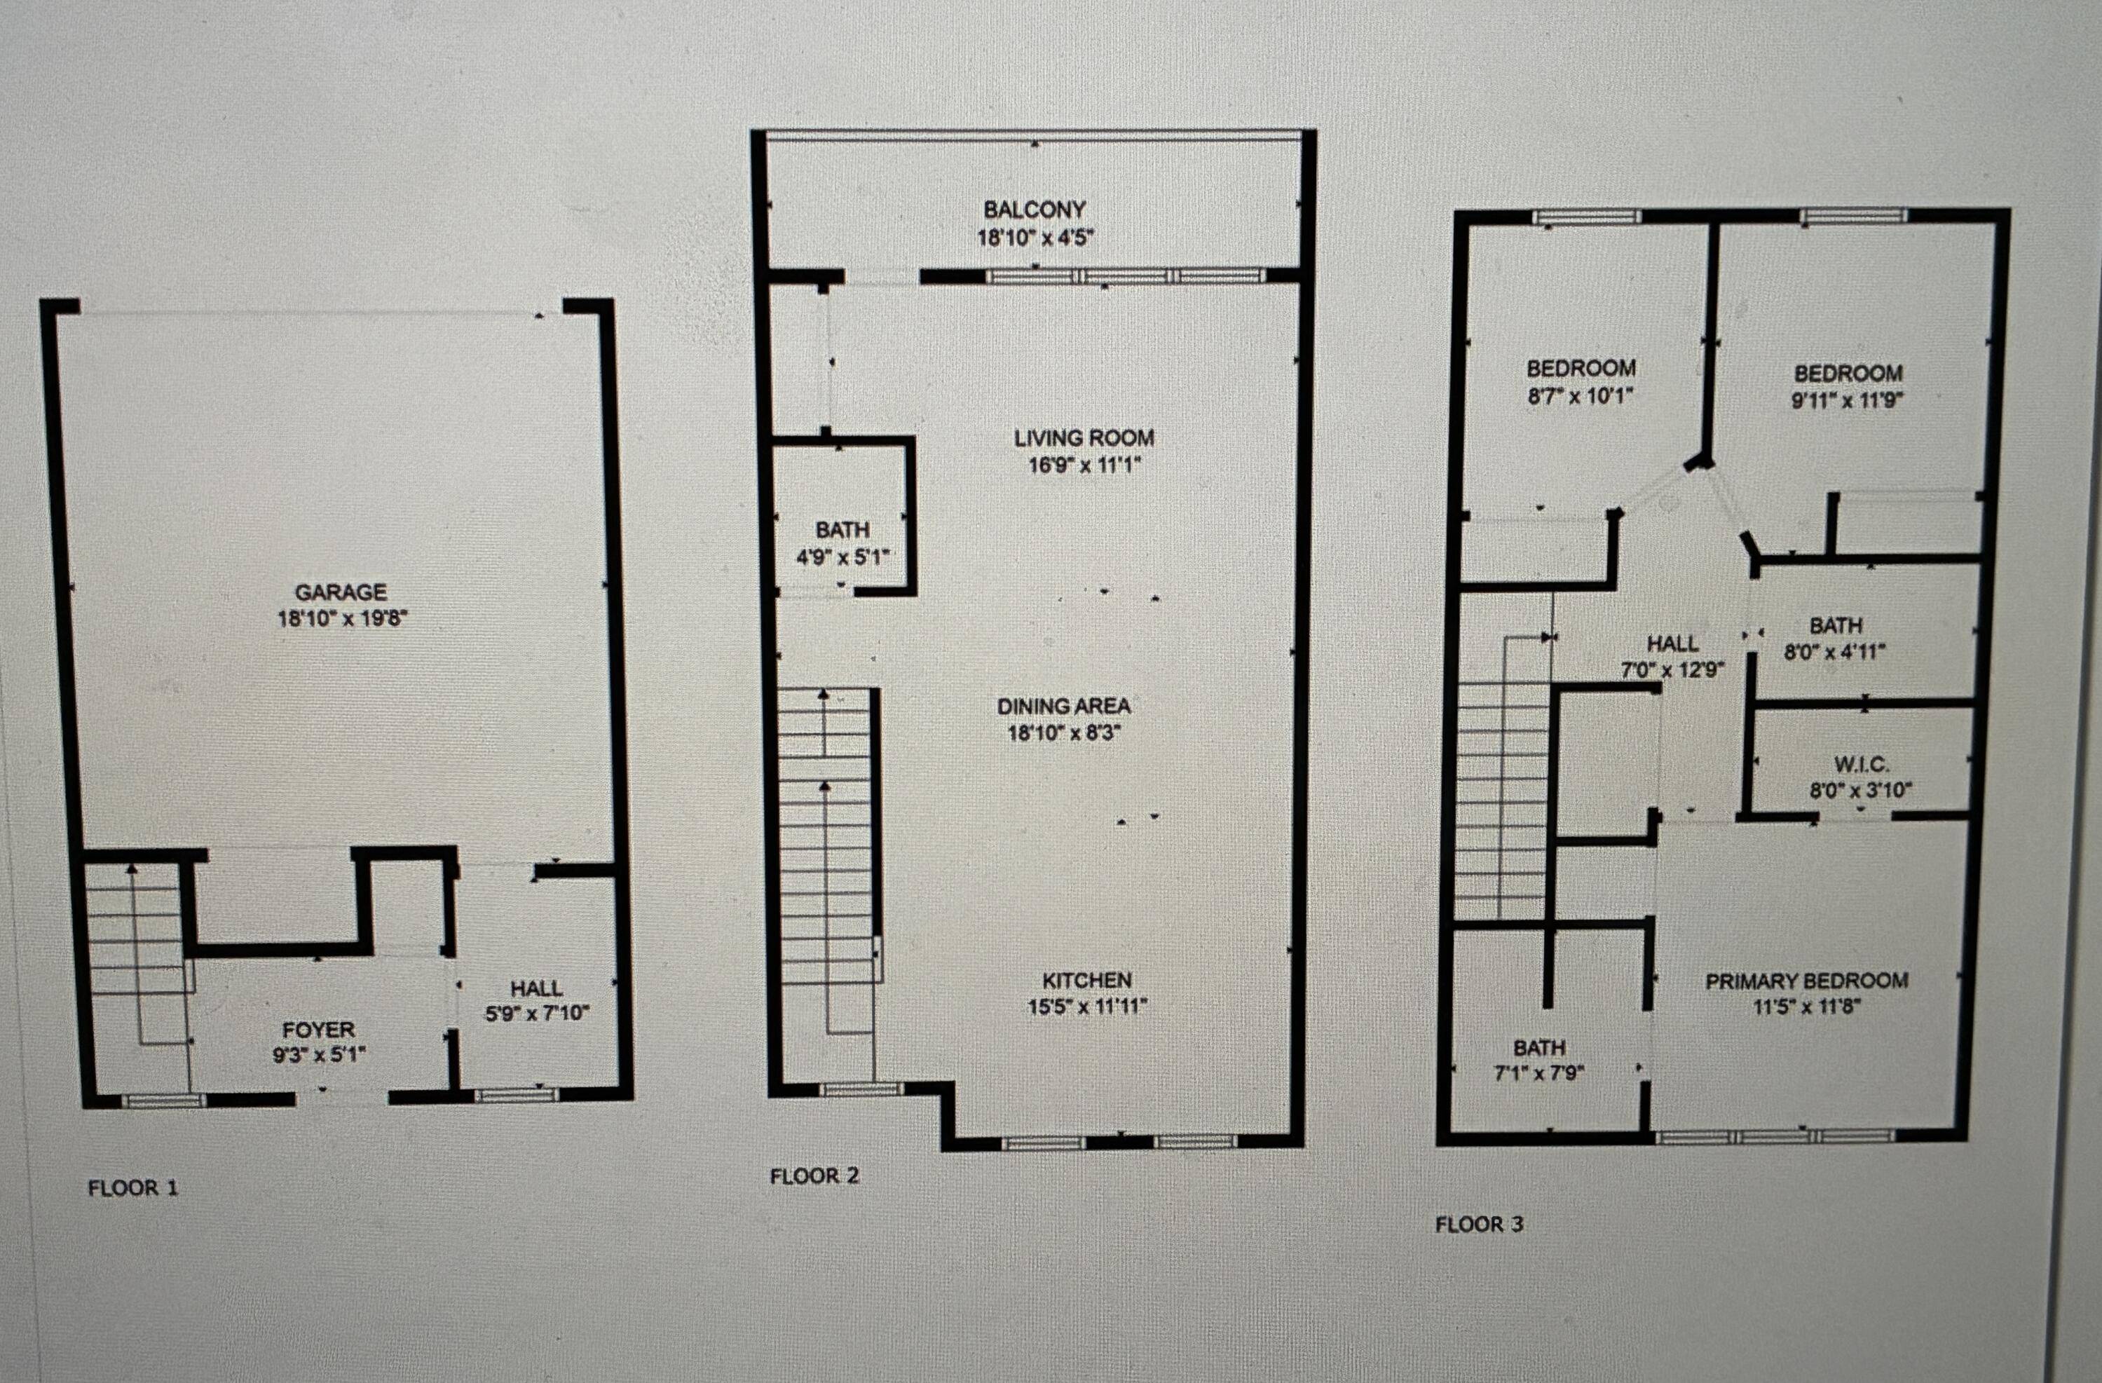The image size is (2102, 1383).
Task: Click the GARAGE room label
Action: (341, 592)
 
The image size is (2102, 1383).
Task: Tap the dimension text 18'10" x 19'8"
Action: (343, 618)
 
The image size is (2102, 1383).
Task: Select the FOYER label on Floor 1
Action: (318, 1030)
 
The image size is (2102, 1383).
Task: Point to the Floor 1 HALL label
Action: (536, 988)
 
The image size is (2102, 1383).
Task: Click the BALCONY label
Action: (1035, 210)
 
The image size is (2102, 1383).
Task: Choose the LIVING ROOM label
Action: (1084, 437)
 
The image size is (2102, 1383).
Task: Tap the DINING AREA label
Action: (1063, 706)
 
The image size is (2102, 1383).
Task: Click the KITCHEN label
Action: (1086, 979)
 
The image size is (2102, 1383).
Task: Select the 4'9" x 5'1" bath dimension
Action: (842, 557)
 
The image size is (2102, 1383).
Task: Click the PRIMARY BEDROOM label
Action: (1806, 980)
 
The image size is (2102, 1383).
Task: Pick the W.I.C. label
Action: (1861, 764)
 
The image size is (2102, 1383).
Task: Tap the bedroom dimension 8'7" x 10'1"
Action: (1581, 395)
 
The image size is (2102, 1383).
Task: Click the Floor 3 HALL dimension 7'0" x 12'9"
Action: (1672, 669)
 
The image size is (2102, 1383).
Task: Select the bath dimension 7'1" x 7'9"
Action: (1539, 1074)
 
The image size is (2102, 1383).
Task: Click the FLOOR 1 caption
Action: (132, 1188)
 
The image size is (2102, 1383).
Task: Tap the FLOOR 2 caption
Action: (814, 1176)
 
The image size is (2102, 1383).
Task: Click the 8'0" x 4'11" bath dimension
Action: (1835, 653)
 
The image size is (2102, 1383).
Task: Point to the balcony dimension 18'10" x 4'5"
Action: (1035, 237)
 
